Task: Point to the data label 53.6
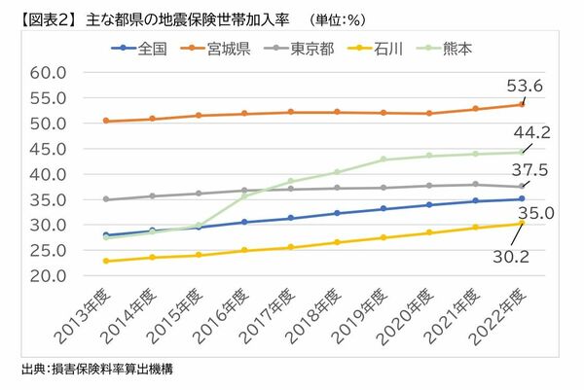[x=536, y=86]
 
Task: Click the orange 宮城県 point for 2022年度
[x=522, y=105]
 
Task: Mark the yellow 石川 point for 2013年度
[x=105, y=261]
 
